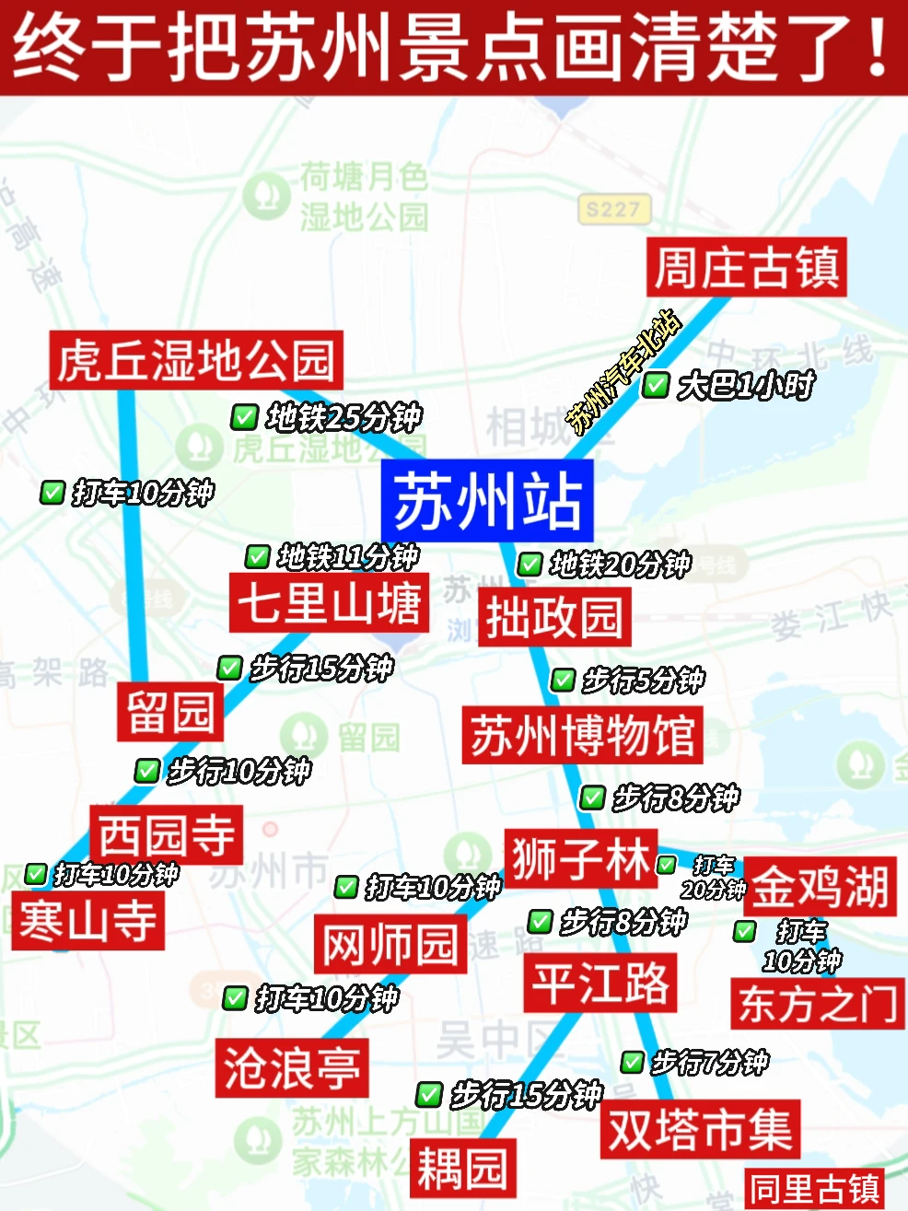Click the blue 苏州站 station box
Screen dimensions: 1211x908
click(487, 502)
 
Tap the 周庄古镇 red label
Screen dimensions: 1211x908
click(746, 268)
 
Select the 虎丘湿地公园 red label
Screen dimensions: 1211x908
click(196, 360)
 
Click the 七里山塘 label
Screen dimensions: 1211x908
click(329, 602)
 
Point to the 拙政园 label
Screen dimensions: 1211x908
click(554, 617)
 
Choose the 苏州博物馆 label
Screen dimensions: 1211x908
click(582, 735)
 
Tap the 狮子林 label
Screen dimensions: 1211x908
click(580, 858)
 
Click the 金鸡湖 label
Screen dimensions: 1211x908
click(820, 887)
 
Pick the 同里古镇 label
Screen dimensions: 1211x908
click(814, 1189)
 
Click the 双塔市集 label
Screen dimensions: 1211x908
click(700, 1129)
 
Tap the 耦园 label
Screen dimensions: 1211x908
click(462, 1169)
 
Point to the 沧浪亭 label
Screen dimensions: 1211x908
click(292, 1068)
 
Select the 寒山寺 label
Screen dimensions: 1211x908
click(88, 921)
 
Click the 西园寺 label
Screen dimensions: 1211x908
click(167, 834)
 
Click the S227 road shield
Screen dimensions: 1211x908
click(613, 210)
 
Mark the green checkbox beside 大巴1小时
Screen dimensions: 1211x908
click(656, 385)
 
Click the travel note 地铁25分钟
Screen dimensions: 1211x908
click(343, 417)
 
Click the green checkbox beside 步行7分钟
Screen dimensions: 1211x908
click(632, 1063)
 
